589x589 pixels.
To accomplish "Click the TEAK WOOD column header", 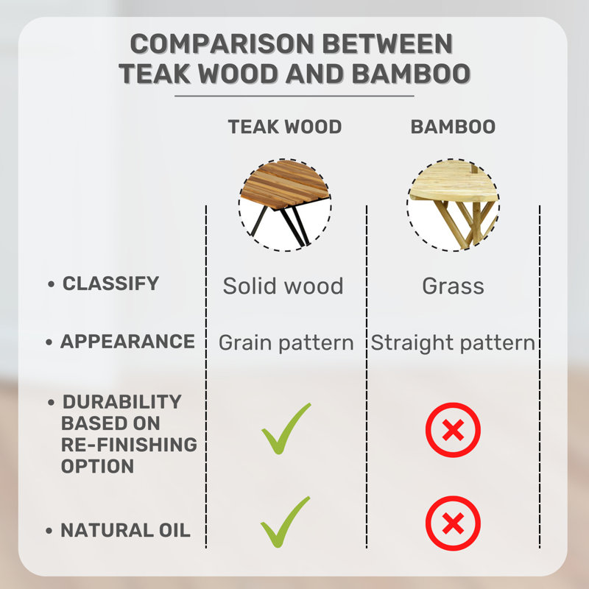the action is click(285, 127).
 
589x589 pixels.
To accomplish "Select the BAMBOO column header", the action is click(453, 127).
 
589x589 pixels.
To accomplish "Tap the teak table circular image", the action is click(285, 205).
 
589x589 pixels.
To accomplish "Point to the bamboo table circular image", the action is click(454, 205).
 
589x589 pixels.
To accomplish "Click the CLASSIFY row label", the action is click(111, 283).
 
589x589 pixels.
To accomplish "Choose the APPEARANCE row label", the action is click(127, 342).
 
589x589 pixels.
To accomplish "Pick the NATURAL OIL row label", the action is click(125, 530).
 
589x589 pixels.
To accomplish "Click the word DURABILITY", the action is click(122, 401).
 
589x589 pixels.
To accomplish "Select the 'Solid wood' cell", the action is click(283, 286).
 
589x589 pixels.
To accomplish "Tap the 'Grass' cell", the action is click(453, 286).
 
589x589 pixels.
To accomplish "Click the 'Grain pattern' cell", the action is click(286, 343).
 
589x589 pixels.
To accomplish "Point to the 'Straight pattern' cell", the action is click(453, 343).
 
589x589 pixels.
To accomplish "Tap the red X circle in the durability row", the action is click(453, 430).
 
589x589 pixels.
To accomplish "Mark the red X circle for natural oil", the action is click(453, 523).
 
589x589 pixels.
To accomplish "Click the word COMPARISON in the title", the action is click(222, 44).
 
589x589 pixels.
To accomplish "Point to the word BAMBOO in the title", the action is click(411, 74).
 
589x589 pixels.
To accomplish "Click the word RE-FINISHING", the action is click(129, 445).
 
